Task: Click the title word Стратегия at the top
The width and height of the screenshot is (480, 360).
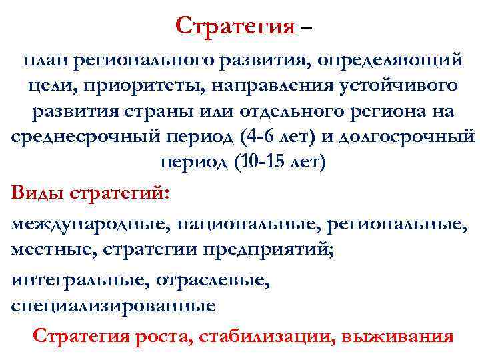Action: (x=235, y=26)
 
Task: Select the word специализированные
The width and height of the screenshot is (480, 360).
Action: (x=113, y=306)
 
